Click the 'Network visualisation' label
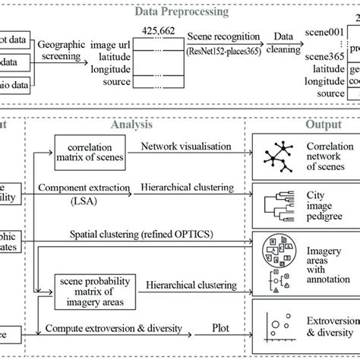coord(182,145)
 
